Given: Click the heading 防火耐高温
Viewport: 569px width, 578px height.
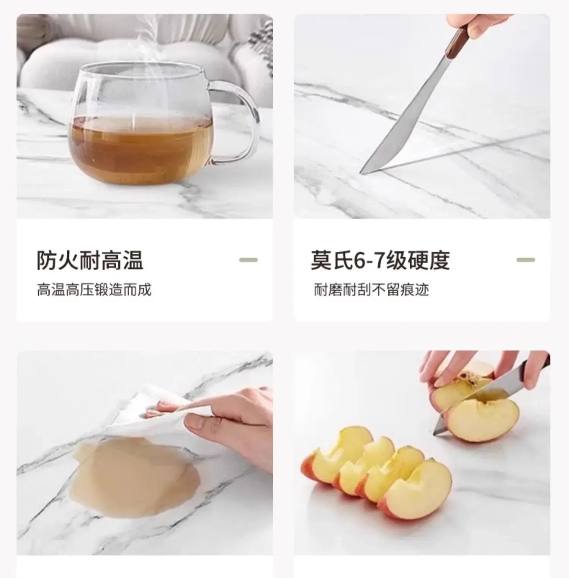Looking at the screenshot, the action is click(90, 260).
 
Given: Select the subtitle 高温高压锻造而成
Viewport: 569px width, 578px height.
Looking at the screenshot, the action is click(94, 290).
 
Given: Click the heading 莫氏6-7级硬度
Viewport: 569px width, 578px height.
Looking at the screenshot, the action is click(380, 260).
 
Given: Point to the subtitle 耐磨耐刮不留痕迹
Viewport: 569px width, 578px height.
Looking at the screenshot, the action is click(371, 290).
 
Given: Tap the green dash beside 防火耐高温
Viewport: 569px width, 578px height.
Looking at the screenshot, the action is click(248, 260).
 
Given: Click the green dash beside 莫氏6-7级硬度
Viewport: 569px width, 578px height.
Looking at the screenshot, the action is click(526, 260).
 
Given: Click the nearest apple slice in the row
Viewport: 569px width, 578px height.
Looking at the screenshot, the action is click(417, 489).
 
